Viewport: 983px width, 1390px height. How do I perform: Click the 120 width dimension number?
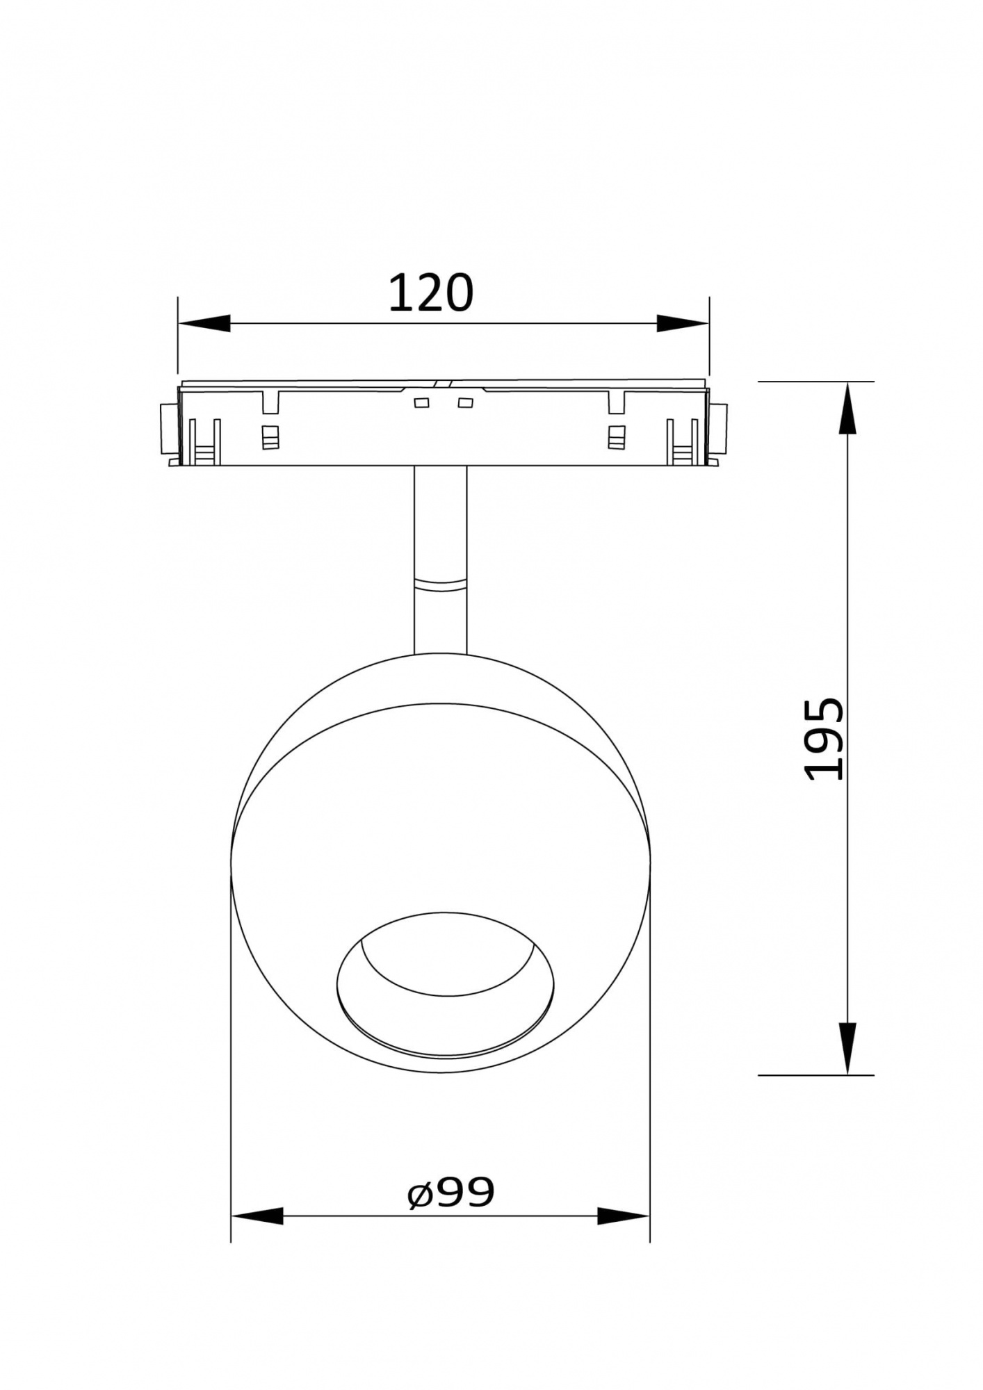pos(430,293)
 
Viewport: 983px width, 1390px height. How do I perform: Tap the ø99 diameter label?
pos(450,1193)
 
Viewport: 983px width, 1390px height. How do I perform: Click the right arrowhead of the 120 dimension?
pos(683,323)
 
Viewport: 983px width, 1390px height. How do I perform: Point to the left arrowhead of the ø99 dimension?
pos(257,1216)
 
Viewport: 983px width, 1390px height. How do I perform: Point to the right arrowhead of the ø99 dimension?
pos(624,1216)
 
